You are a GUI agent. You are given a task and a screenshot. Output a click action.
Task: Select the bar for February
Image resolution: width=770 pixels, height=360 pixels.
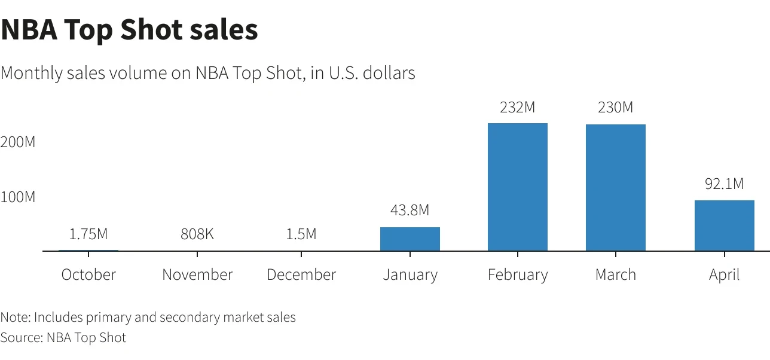518,187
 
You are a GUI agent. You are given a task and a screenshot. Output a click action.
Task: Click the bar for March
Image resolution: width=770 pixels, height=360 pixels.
616,187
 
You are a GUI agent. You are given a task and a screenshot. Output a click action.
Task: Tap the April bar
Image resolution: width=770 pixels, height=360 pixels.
724,225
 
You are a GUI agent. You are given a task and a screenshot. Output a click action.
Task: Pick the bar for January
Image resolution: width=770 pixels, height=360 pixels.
410,239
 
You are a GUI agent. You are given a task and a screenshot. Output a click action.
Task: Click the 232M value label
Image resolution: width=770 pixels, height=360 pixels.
518,108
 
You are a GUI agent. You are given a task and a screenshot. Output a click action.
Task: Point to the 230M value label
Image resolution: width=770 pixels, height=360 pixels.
616,108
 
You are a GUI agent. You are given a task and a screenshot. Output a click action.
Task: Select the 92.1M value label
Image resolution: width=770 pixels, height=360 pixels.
724,184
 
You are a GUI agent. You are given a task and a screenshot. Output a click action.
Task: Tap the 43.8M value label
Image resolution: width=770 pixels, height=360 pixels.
410,210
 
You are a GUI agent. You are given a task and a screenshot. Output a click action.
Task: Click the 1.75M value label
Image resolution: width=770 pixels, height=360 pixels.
88,234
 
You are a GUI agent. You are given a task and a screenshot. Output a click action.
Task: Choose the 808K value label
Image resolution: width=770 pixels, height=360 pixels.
197,234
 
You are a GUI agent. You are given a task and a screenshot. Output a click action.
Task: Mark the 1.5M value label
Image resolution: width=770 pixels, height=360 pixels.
301,234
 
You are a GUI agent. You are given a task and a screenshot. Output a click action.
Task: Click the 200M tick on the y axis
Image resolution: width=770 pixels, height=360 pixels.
18,142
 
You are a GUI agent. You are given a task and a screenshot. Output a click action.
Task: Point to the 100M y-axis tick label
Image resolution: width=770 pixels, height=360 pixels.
18,197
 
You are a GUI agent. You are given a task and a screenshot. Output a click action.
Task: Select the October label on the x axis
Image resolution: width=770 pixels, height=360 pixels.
88,274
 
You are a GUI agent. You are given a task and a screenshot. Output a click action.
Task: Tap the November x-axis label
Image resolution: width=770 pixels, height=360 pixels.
197,274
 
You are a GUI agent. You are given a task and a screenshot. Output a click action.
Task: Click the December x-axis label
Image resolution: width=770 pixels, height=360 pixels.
301,274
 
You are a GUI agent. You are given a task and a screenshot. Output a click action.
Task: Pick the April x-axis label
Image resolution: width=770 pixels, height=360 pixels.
724,275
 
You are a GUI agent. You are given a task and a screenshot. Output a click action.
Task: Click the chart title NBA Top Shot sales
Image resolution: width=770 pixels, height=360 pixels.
129,30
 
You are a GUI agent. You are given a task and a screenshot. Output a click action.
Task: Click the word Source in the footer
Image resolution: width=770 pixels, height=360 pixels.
21,337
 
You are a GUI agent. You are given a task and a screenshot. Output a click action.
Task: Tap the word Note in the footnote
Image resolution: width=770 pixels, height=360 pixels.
14,317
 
